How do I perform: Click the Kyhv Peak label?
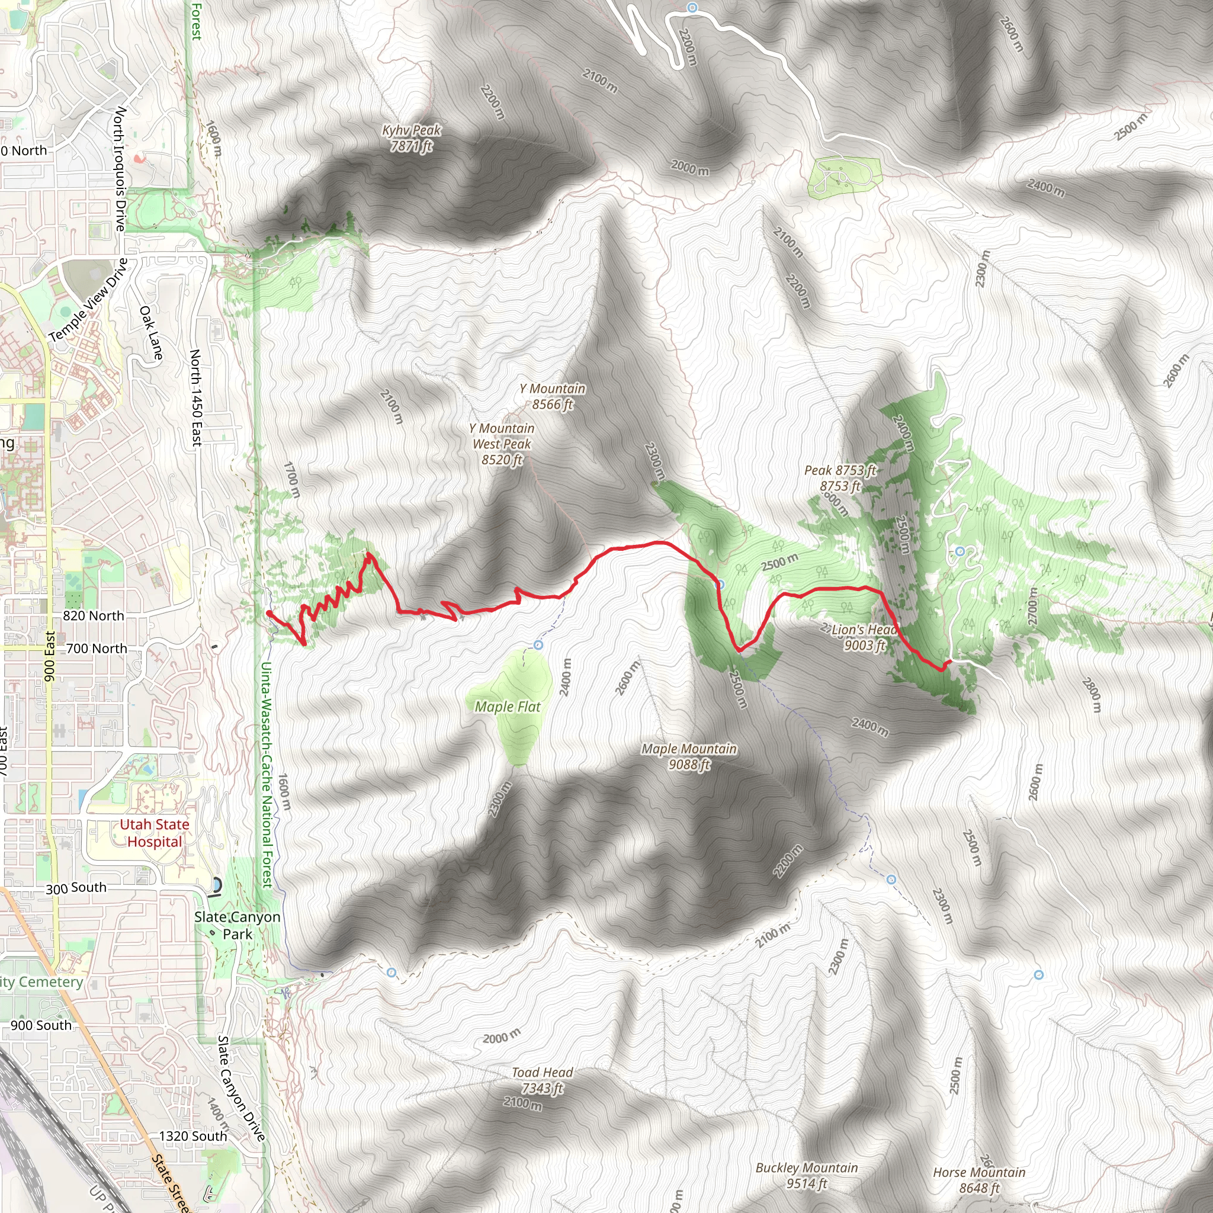tap(411, 138)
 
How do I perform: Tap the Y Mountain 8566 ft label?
tap(552, 396)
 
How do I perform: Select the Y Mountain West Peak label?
tap(502, 444)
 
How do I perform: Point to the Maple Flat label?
tap(508, 707)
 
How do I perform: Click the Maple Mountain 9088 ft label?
tap(689, 756)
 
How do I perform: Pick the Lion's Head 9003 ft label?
tap(864, 637)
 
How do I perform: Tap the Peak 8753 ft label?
tap(840, 478)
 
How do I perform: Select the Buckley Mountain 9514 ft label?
tap(806, 1175)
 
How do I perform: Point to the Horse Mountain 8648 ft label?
tap(979, 1180)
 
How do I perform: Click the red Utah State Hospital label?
tap(155, 833)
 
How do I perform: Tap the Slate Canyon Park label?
tap(238, 926)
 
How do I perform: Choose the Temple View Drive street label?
tap(88, 300)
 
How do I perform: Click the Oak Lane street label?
tap(151, 333)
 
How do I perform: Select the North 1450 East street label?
tap(196, 398)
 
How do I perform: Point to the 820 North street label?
tap(94, 616)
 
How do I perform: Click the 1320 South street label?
tap(192, 1136)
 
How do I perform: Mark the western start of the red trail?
tap(269, 614)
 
